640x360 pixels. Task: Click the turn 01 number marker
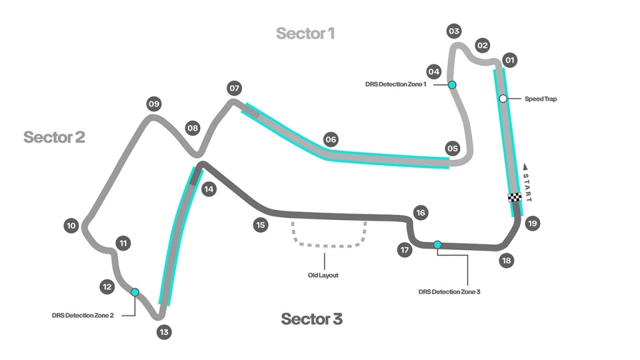pos(510,61)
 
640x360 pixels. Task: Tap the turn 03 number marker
pos(454,31)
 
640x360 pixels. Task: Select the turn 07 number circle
pos(234,88)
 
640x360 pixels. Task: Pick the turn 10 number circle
pos(71,226)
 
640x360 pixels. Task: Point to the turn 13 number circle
pos(164,332)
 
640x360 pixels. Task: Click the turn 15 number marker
pos(260,224)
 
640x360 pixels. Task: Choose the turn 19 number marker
pos(532,223)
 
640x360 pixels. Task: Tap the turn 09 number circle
pos(154,104)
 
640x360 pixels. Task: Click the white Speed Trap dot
pos(502,99)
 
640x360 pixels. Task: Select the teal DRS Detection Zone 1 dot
pos(452,84)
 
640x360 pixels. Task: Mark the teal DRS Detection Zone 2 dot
pos(134,292)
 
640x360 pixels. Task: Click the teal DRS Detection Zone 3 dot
pos(437,244)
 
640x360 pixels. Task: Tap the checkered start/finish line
pos(514,197)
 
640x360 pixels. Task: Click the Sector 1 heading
pos(305,34)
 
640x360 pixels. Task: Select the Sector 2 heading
pos(54,137)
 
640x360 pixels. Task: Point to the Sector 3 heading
pos(311,319)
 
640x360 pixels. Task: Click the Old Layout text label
pos(323,275)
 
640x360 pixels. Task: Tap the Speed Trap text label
pos(540,99)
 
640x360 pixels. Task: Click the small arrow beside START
pos(525,167)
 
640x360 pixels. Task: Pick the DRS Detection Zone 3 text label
pos(449,291)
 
